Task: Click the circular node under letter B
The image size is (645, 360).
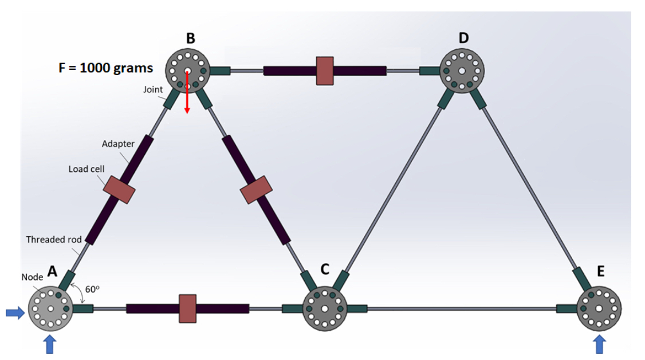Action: tap(187, 71)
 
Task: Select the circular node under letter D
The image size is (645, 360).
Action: tap(462, 71)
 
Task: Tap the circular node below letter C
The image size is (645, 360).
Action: tap(324, 308)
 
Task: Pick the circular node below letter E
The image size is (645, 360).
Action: tap(599, 308)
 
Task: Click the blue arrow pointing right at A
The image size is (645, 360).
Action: tap(14, 312)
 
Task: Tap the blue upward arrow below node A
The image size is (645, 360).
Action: tap(50, 345)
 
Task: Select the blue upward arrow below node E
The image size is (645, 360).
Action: tap(599, 345)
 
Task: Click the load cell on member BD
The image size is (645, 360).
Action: tap(325, 71)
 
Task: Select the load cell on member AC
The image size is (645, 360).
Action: tap(187, 308)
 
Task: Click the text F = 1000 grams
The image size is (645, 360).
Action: tap(106, 68)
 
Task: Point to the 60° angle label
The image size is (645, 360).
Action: tap(92, 289)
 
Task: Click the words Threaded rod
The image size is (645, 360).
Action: tap(54, 239)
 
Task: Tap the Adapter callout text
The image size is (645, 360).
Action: tap(117, 144)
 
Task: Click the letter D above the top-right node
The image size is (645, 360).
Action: tap(463, 38)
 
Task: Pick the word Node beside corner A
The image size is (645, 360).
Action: tap(32, 277)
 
